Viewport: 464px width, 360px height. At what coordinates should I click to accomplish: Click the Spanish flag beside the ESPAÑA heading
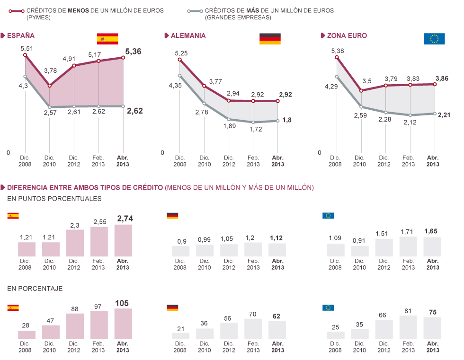[x=107, y=39]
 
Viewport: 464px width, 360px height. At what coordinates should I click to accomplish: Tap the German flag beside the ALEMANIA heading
[x=270, y=39]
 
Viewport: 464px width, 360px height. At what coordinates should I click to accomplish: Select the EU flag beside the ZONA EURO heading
[x=434, y=39]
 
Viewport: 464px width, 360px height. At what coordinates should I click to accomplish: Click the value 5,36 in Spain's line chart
[x=133, y=52]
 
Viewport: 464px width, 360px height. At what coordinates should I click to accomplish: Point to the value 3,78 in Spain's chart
[x=50, y=71]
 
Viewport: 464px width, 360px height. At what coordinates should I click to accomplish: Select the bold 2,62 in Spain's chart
[x=134, y=111]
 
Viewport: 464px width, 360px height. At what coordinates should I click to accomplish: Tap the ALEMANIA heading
[x=188, y=35]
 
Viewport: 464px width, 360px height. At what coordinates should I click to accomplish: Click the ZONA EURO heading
[x=344, y=35]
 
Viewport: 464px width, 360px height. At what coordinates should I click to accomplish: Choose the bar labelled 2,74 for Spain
[x=123, y=240]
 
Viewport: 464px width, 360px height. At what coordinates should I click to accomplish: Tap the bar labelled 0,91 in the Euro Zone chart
[x=359, y=251]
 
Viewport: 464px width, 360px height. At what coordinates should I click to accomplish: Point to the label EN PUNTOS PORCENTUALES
[x=54, y=199]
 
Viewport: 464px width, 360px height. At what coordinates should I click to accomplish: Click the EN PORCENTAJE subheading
[x=35, y=288]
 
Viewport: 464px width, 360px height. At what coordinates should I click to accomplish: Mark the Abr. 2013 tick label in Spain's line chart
[x=123, y=161]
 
